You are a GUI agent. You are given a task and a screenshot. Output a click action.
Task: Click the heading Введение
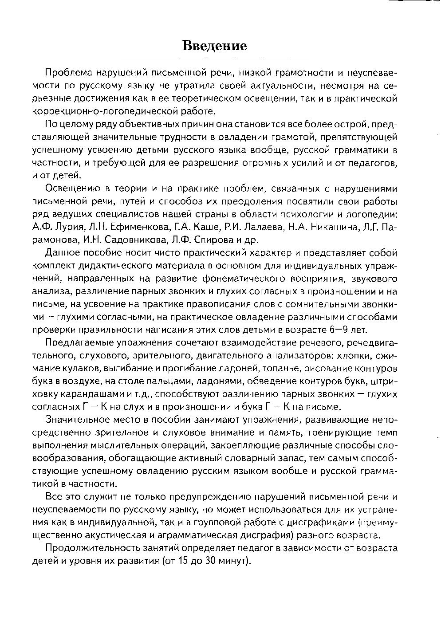215,46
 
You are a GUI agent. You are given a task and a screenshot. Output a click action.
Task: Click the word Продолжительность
88,548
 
